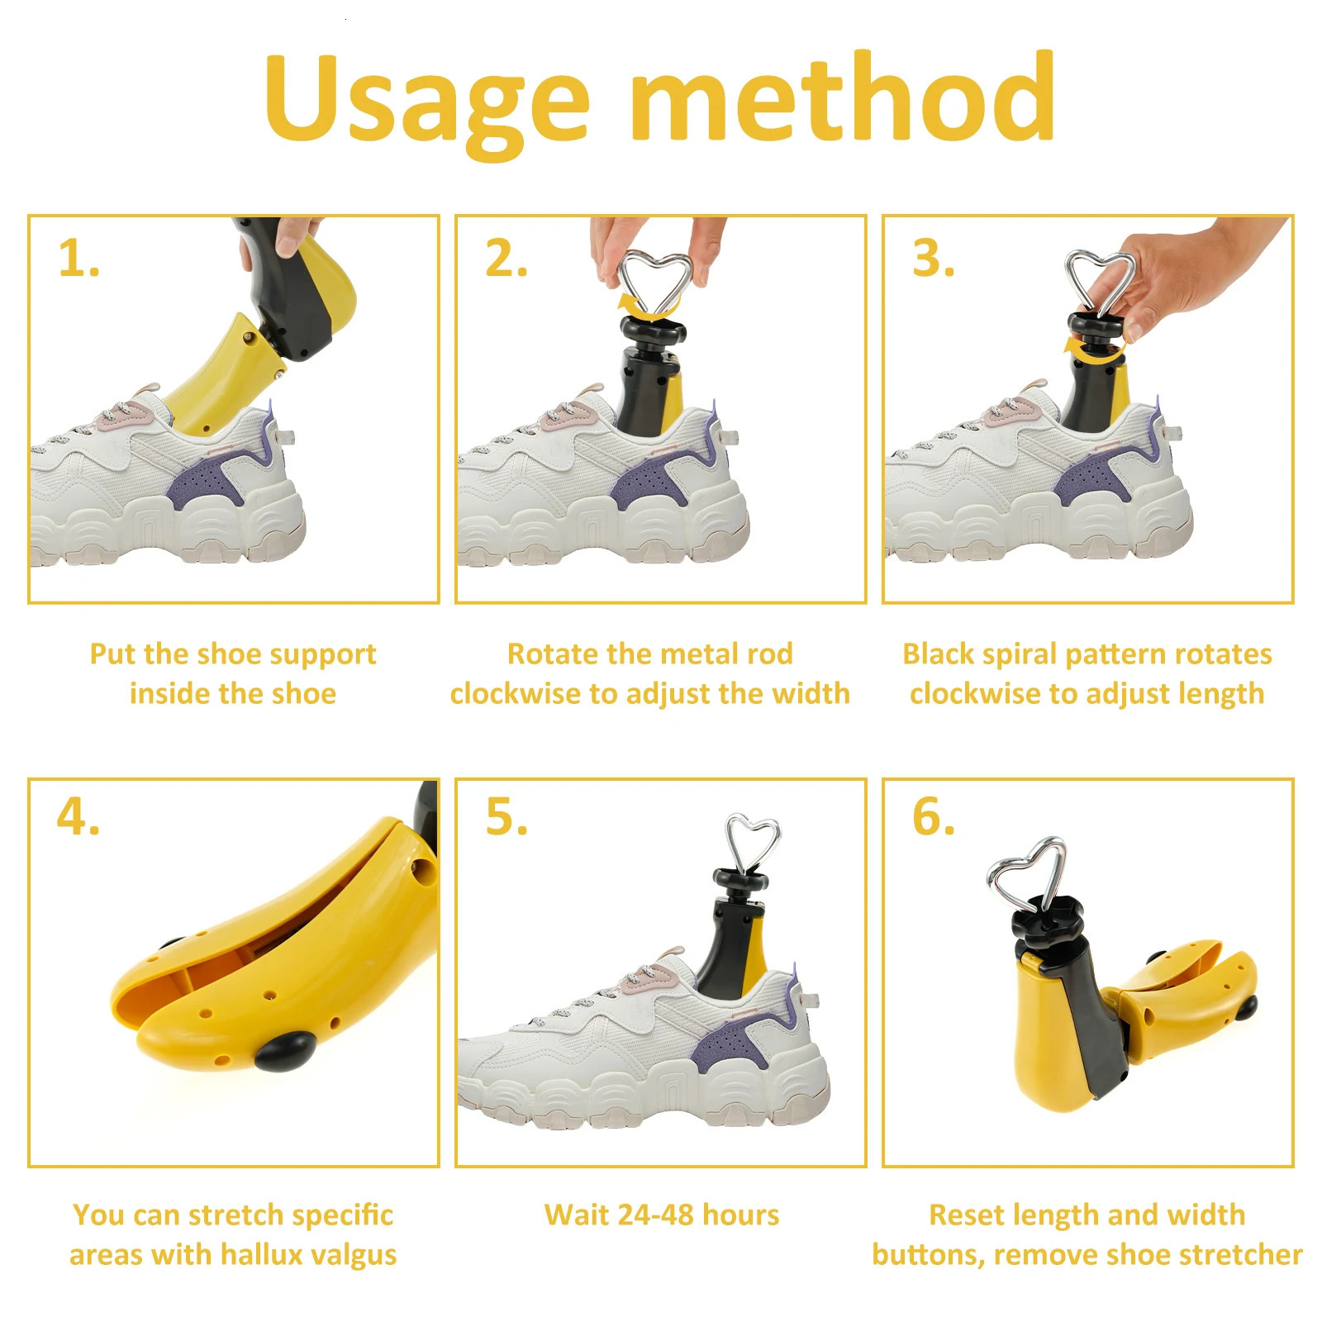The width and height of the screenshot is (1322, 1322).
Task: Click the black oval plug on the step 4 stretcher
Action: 283,1050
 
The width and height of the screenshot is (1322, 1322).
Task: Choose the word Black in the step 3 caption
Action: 939,654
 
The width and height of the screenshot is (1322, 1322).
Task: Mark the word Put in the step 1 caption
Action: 113,654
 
